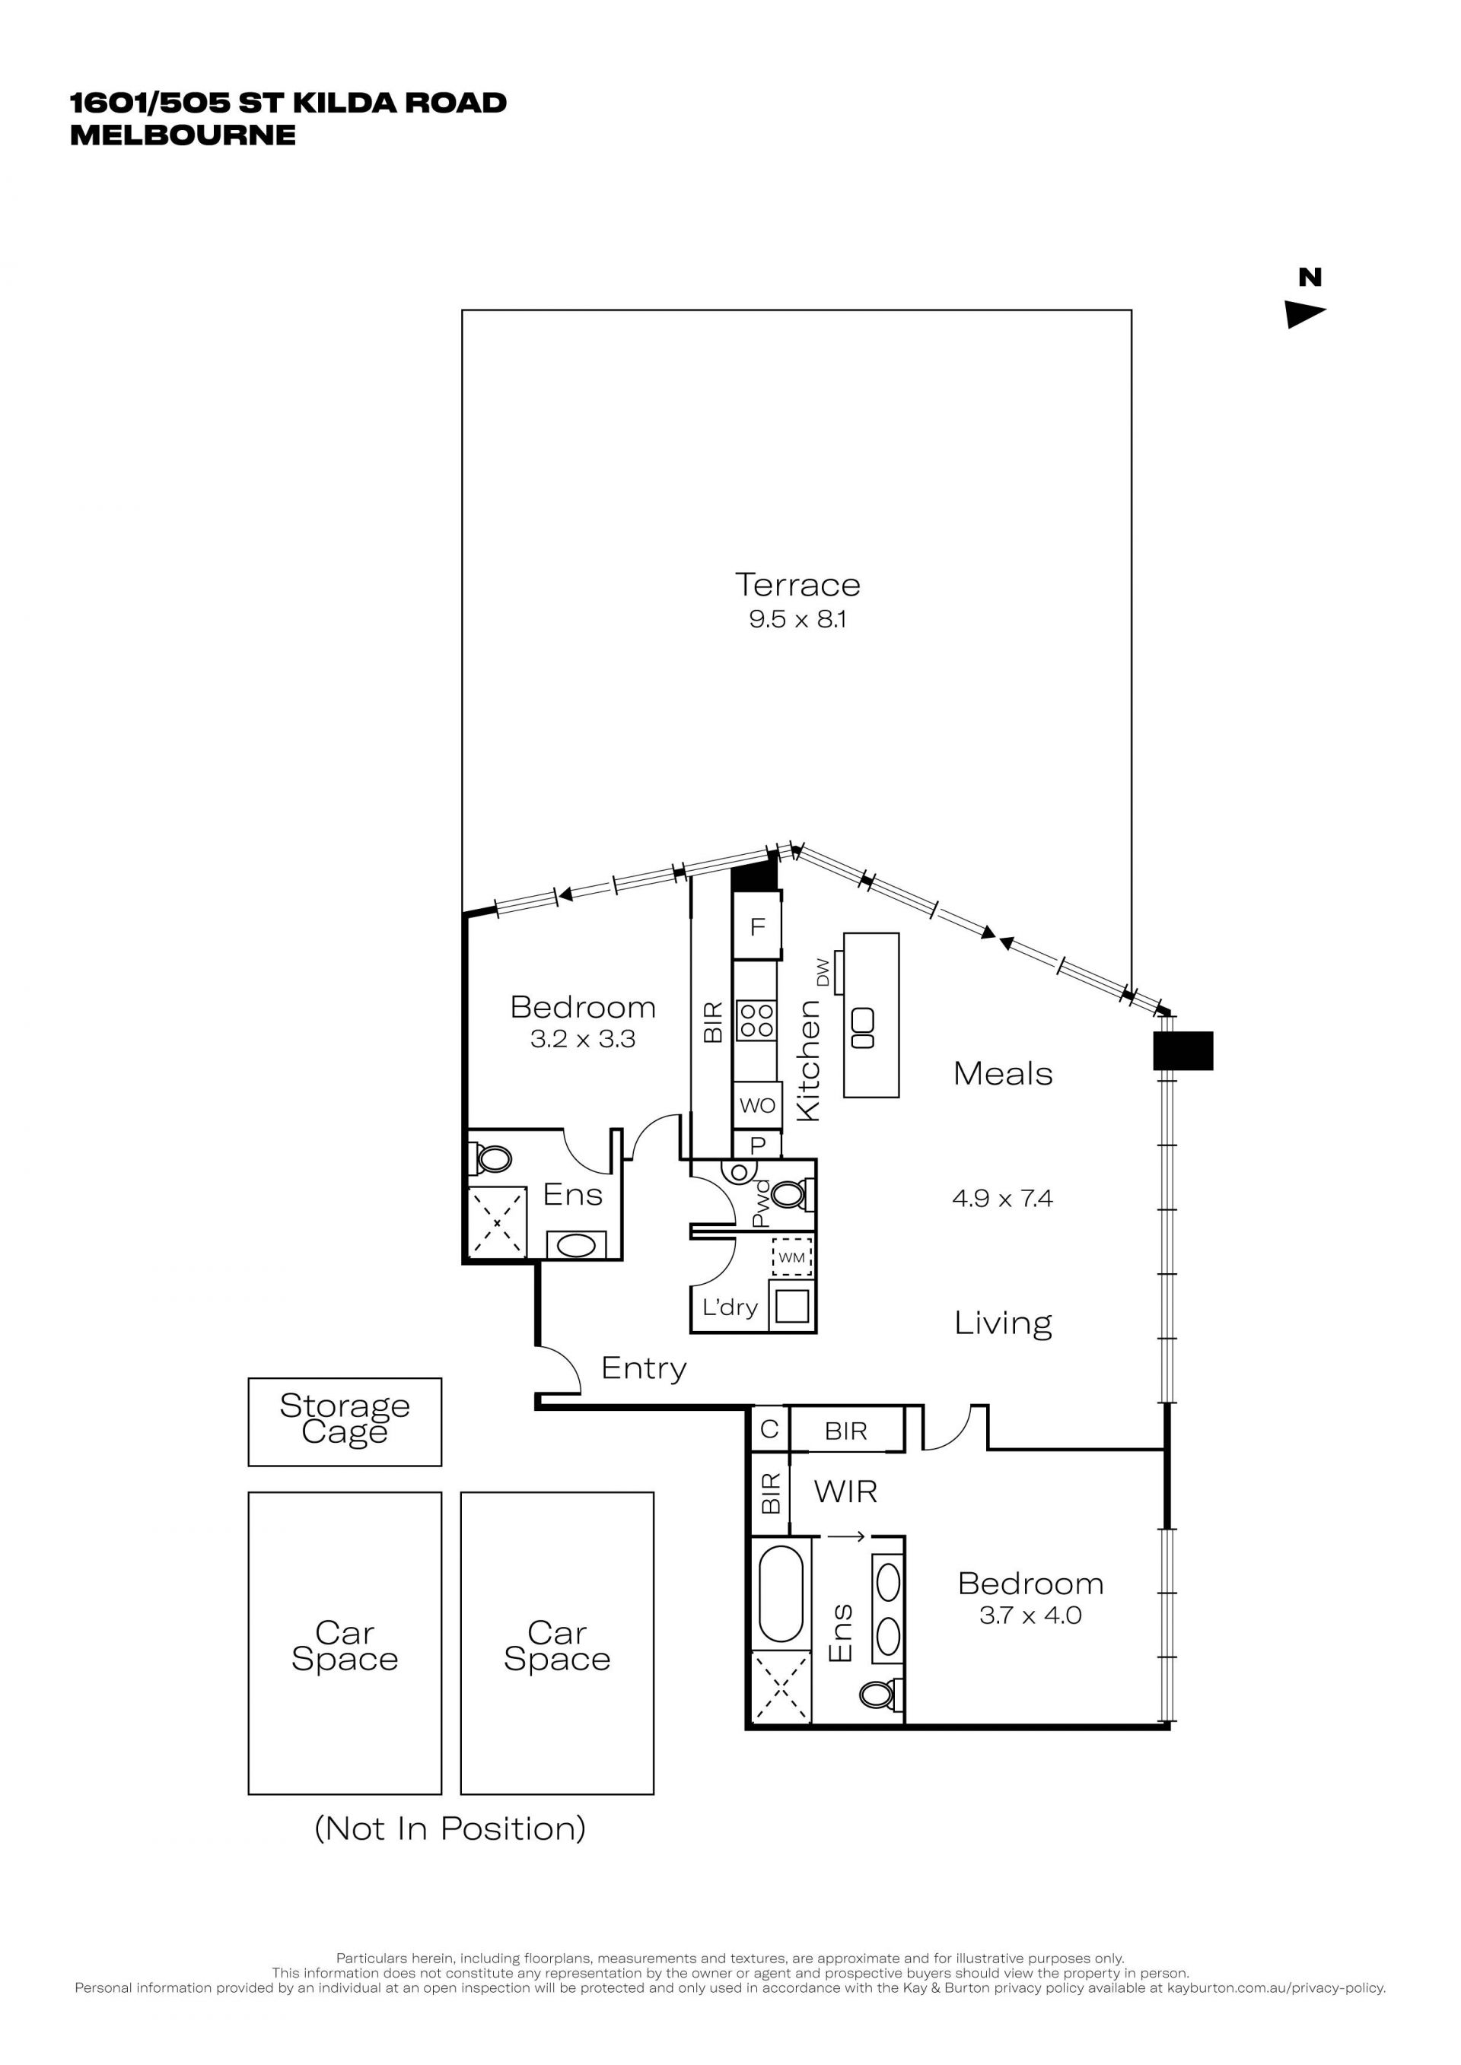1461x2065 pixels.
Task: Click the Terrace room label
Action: [797, 585]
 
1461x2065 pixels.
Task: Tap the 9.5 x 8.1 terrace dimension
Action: [797, 619]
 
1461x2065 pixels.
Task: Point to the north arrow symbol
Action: [1305, 314]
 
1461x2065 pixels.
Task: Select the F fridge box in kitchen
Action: [756, 926]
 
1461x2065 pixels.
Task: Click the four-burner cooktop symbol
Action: [756, 1021]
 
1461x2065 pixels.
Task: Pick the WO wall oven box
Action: [757, 1105]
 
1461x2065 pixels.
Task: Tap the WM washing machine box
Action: [791, 1257]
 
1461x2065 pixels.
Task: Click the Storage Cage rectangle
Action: [345, 1422]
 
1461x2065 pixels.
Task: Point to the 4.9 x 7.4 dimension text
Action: [1002, 1198]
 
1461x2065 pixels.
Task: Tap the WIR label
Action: [845, 1492]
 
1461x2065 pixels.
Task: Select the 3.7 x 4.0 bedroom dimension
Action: [1030, 1615]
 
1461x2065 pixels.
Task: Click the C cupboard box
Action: [769, 1429]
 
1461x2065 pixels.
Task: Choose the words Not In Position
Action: [450, 1828]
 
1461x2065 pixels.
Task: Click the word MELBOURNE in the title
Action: [183, 135]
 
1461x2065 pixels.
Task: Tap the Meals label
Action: [1003, 1074]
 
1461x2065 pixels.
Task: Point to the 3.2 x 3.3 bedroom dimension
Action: [583, 1040]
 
